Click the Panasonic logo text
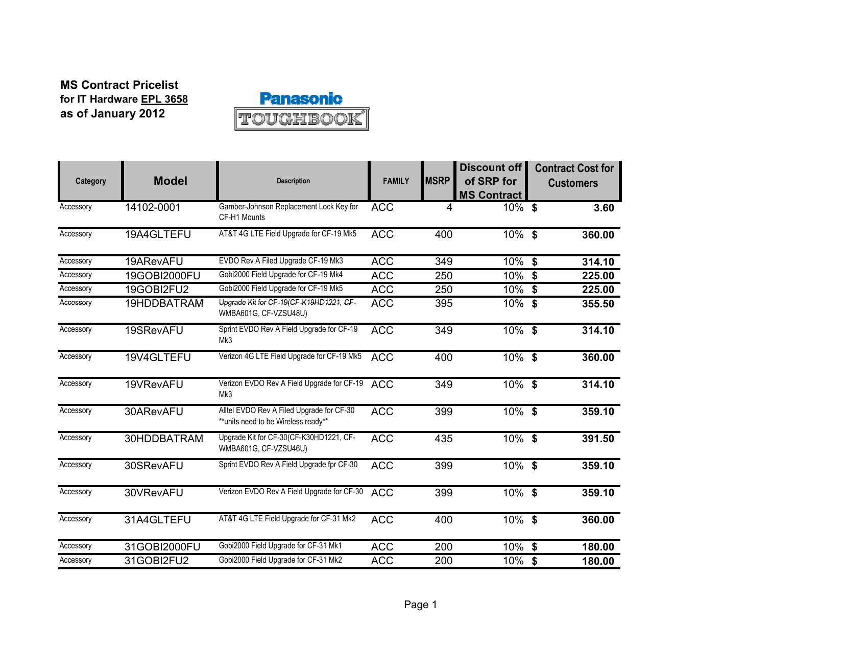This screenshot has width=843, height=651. click(x=301, y=99)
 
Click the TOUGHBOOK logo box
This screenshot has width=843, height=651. click(x=301, y=119)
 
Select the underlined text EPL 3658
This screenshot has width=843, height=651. click(x=164, y=99)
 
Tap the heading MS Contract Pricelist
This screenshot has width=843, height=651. click(x=119, y=85)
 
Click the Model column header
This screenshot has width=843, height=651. click(x=170, y=181)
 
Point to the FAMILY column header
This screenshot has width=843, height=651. click(x=396, y=181)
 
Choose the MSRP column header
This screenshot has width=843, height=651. click(x=438, y=181)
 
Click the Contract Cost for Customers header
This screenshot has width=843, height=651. click(x=573, y=176)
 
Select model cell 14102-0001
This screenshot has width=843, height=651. click(x=153, y=208)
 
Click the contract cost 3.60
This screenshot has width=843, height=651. click(x=604, y=208)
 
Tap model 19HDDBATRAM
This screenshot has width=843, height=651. click(x=164, y=304)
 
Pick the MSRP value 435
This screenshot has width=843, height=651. click(x=443, y=439)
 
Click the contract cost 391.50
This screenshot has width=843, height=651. click(x=598, y=439)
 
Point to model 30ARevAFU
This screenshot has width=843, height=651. click(x=154, y=412)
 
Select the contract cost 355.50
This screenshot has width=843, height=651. click(x=598, y=304)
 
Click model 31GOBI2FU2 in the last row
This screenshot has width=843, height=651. click(x=157, y=561)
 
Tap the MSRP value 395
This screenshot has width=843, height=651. click(x=443, y=304)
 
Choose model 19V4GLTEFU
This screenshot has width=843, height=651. click(x=158, y=357)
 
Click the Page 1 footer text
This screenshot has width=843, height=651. click(x=420, y=605)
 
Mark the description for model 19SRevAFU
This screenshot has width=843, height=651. click(x=288, y=334)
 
